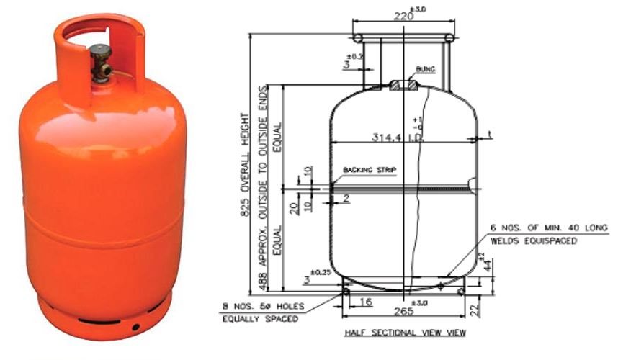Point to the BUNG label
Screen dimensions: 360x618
point(425,71)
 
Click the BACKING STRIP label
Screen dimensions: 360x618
point(370,170)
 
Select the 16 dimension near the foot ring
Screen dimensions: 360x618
point(365,302)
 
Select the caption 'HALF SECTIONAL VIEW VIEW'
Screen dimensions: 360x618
point(405,333)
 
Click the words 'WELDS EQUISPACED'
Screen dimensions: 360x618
point(534,241)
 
